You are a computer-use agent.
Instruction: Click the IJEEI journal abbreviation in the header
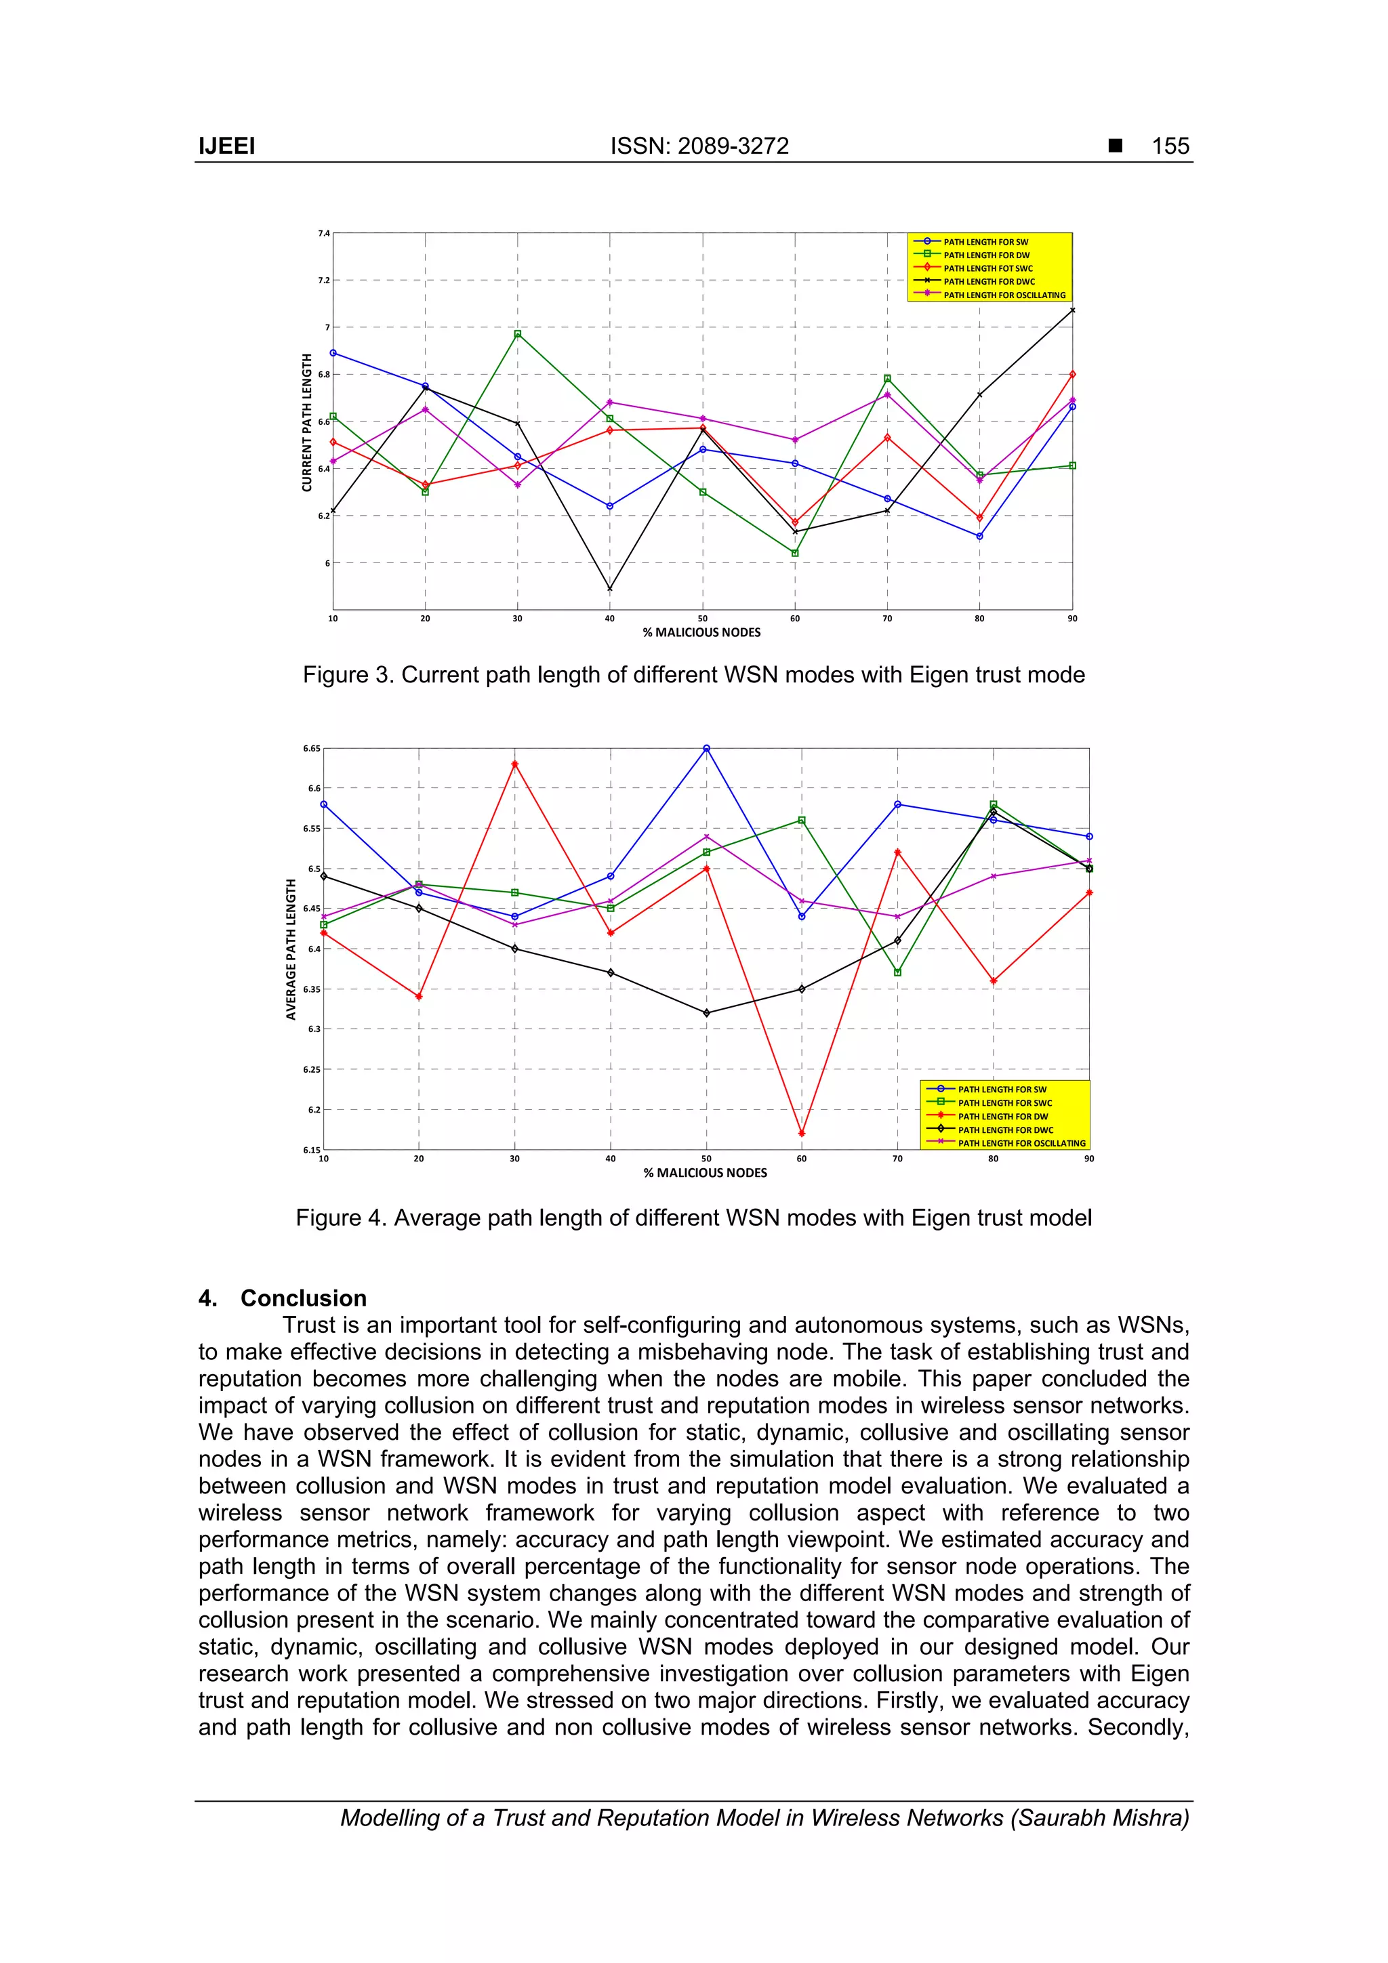click(226, 146)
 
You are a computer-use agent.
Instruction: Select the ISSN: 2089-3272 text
click(699, 146)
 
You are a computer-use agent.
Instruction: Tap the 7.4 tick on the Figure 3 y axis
click(323, 233)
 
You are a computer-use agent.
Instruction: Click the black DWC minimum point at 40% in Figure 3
click(610, 588)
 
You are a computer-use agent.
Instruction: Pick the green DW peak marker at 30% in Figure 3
click(517, 334)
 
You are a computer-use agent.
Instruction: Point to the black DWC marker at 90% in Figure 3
click(1072, 310)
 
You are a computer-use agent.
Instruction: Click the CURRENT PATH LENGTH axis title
click(306, 422)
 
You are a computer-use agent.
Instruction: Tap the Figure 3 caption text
click(693, 676)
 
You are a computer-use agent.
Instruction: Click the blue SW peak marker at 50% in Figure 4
click(706, 749)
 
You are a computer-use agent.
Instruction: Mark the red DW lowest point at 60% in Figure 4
click(801, 1134)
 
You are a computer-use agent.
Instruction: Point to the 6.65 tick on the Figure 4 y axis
click(311, 749)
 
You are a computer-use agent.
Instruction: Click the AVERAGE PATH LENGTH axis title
click(291, 949)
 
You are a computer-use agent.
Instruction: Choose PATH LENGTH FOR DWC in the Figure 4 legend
click(1005, 1130)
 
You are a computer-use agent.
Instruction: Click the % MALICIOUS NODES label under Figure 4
click(705, 1173)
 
